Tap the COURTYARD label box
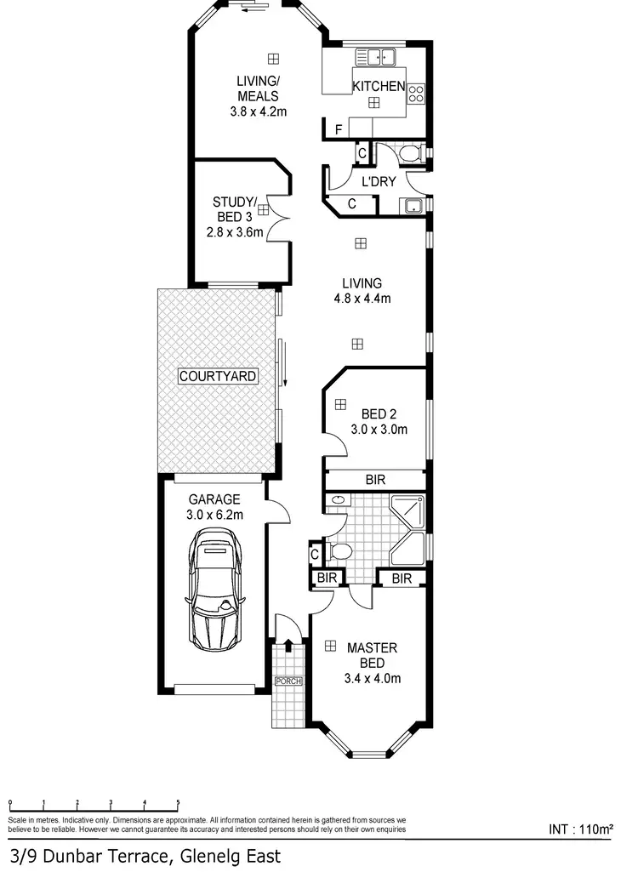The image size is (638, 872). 218,376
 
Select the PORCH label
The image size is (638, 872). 288,681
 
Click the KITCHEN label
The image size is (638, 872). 379,86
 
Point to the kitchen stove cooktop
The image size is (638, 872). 416,94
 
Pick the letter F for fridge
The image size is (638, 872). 339,129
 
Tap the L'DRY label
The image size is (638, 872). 379,181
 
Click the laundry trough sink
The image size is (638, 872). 413,205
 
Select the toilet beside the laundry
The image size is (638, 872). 411,154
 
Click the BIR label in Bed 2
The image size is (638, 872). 375,481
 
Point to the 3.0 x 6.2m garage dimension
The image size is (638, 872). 215,515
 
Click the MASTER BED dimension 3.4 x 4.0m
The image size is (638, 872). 372,678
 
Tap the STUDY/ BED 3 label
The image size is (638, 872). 234,208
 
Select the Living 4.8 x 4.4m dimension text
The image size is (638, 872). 362,298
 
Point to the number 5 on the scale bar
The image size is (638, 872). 178,802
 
